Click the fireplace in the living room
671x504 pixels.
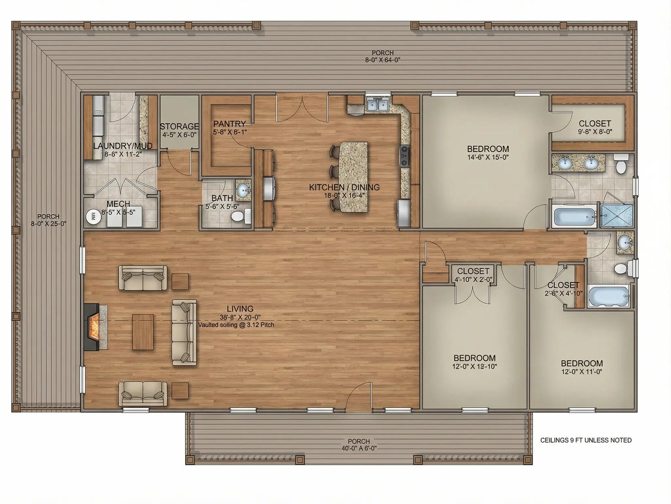coord(93,327)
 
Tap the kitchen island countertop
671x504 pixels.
coord(353,177)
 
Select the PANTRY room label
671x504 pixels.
coord(229,124)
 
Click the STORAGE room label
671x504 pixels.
coord(179,126)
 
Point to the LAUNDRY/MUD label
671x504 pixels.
coord(123,146)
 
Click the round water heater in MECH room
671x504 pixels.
coord(92,216)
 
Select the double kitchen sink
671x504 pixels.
coord(378,105)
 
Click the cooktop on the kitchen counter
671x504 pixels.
coord(404,156)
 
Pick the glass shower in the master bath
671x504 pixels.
coord(617,215)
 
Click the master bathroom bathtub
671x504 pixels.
coord(574,217)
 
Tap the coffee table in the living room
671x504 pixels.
coord(143,332)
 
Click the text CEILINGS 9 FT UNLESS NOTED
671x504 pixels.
coord(586,440)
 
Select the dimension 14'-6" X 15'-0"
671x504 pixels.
coord(488,157)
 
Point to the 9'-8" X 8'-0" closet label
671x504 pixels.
coord(595,132)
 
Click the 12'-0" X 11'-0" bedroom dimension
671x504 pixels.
coord(581,371)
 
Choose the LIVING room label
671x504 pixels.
coord(240,309)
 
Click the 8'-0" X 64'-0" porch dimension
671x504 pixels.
coord(382,60)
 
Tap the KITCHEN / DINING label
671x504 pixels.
coord(344,187)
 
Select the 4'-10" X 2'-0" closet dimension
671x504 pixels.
coord(473,279)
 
